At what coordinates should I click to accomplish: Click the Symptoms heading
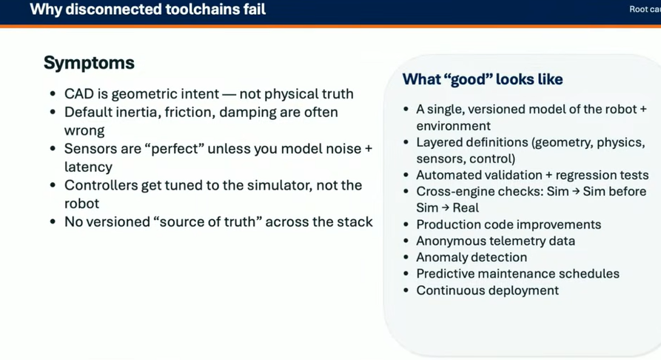(89, 63)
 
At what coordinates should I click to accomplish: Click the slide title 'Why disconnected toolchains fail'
(148, 10)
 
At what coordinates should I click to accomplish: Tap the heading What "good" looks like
(483, 79)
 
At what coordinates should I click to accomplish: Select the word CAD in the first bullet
(78, 93)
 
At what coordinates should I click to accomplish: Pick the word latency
(88, 167)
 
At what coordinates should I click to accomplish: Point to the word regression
(585, 176)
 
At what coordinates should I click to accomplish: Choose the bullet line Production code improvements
(509, 224)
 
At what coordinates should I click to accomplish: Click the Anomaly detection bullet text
(472, 258)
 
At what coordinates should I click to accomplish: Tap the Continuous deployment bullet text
(487, 290)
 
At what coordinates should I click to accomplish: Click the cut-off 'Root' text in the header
(638, 10)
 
